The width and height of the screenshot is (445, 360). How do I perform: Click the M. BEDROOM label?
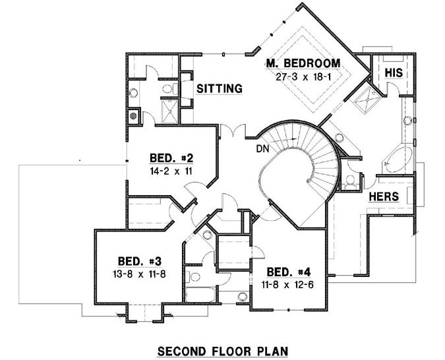tap(303, 64)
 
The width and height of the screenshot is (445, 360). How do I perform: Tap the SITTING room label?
tap(220, 88)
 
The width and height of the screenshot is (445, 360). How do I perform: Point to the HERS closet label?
tap(382, 197)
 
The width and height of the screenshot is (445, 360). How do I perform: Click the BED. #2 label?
tap(170, 158)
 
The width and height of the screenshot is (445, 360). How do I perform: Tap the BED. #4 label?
tap(288, 272)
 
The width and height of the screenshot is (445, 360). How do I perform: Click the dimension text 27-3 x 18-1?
tap(303, 76)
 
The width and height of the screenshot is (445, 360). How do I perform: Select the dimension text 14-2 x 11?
tap(170, 170)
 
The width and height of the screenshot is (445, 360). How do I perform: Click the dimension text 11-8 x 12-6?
tap(288, 284)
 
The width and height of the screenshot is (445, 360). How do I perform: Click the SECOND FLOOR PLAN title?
tap(223, 349)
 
